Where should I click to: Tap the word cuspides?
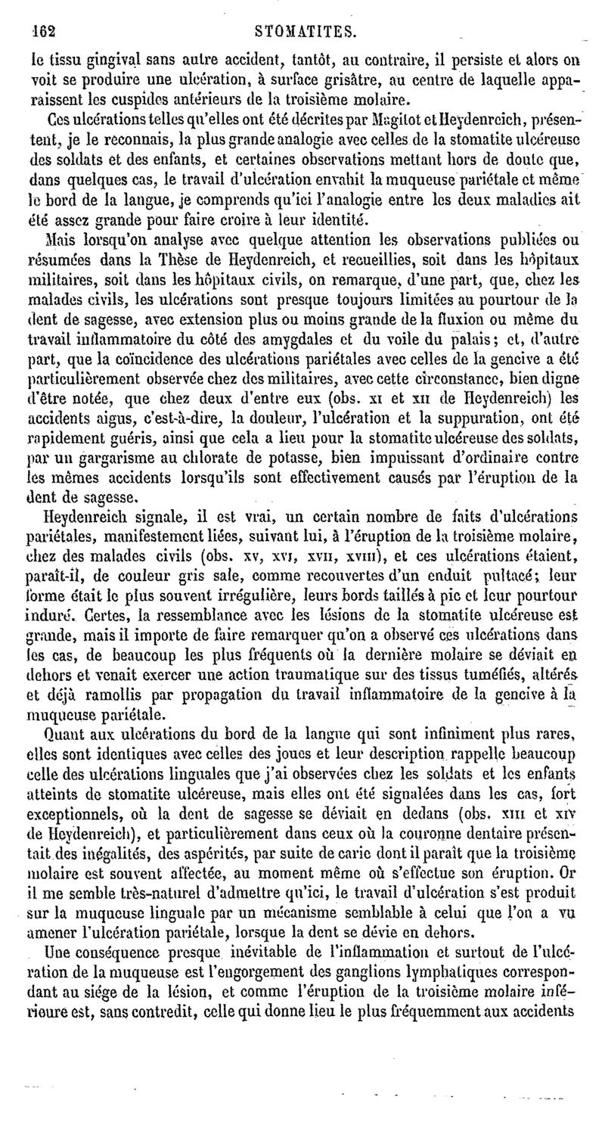tap(120, 98)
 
